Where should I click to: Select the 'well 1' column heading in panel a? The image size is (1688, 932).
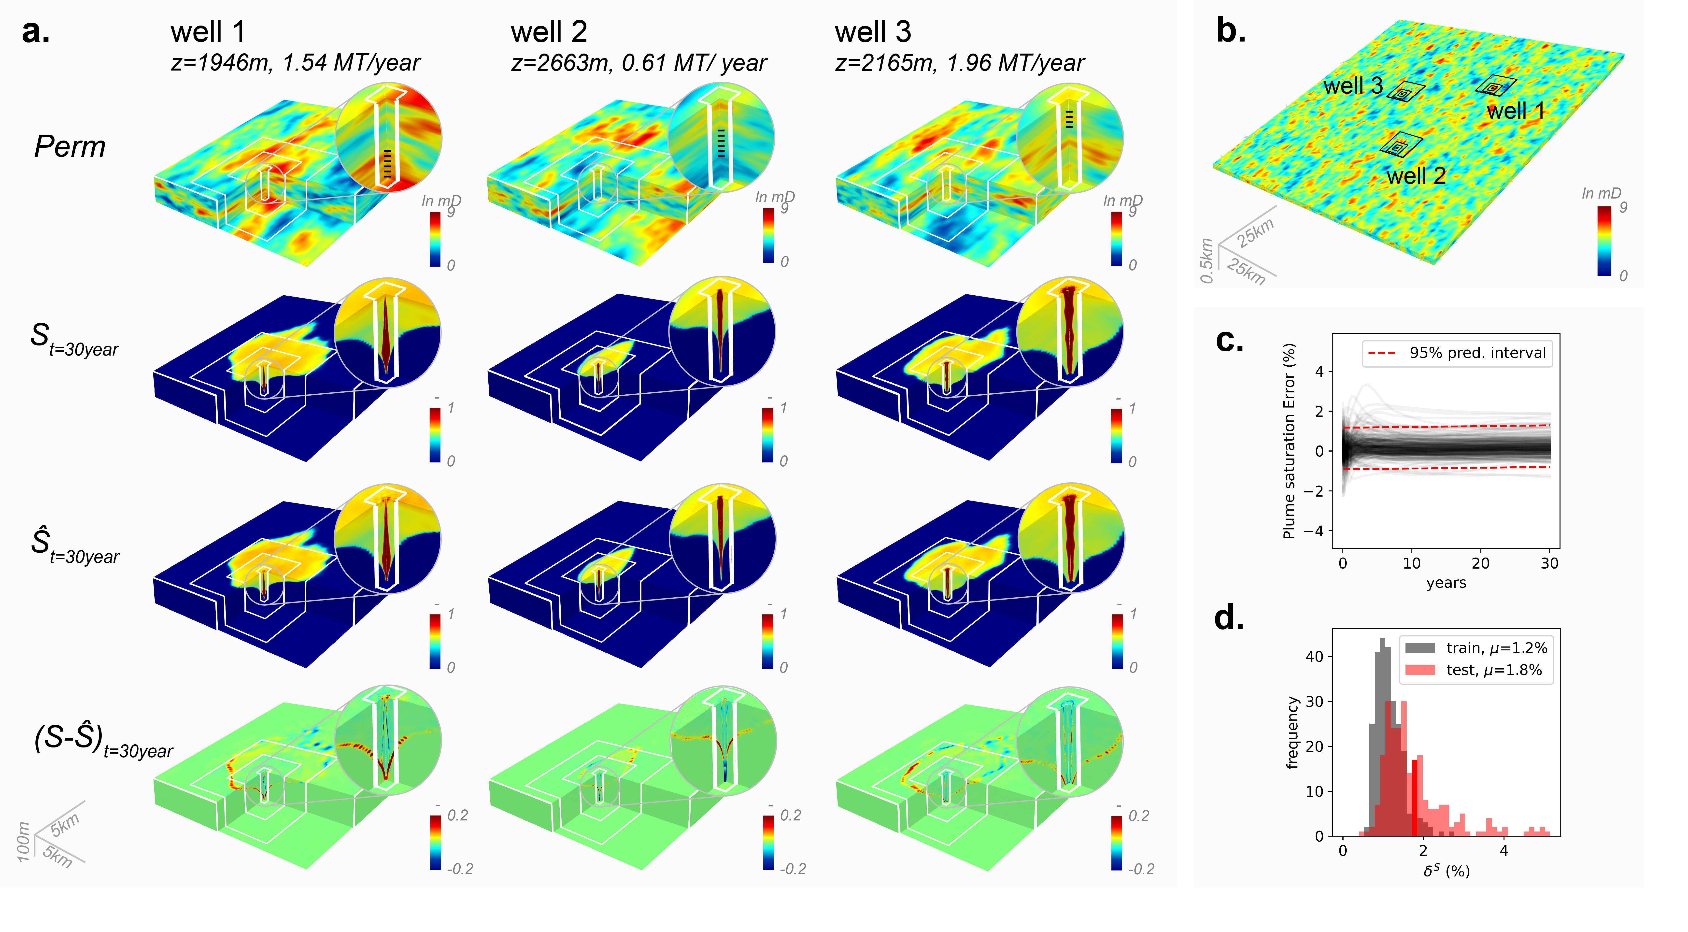(x=208, y=31)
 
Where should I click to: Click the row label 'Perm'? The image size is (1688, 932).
(x=70, y=146)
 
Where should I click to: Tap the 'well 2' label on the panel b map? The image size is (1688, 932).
(x=1415, y=176)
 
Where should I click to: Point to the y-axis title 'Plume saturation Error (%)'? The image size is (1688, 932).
(x=1289, y=440)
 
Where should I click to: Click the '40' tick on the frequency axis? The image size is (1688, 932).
(x=1315, y=656)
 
